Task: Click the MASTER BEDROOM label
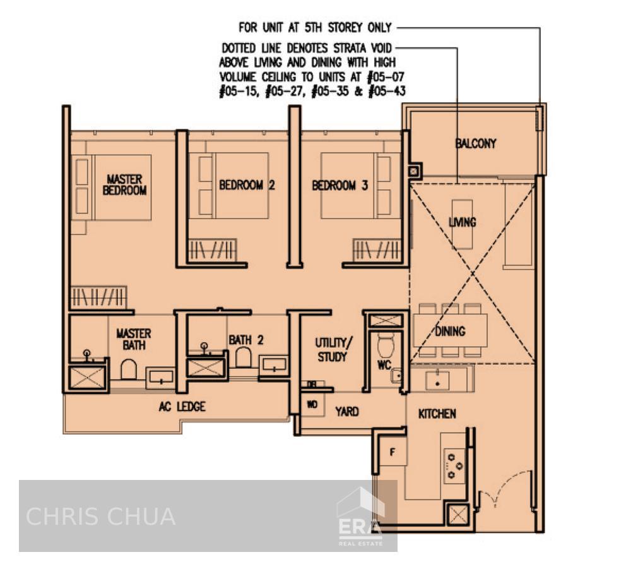click(x=124, y=184)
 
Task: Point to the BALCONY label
click(x=476, y=144)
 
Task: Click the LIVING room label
click(x=463, y=222)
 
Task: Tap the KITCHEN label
click(x=437, y=414)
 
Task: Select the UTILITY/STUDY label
click(x=332, y=350)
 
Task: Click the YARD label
click(x=346, y=412)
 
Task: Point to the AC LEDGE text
click(x=182, y=407)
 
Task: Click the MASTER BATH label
click(x=134, y=339)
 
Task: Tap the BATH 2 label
click(x=246, y=340)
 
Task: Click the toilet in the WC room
click(x=385, y=346)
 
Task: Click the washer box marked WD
click(x=312, y=405)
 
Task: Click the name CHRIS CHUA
click(x=100, y=517)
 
